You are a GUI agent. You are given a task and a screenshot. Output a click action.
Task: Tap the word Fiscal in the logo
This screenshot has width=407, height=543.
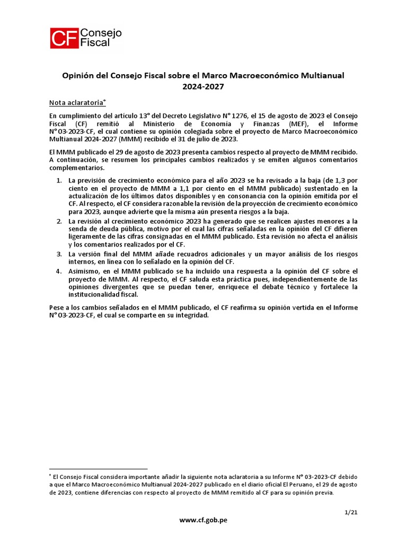[96, 43]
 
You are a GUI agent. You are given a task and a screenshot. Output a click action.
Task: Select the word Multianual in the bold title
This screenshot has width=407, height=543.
[323, 75]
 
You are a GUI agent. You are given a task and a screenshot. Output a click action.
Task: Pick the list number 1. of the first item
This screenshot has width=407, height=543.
[59, 181]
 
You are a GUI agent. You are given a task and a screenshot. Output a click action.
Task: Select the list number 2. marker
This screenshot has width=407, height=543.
[59, 221]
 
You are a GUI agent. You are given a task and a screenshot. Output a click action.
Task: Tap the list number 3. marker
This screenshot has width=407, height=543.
[59, 254]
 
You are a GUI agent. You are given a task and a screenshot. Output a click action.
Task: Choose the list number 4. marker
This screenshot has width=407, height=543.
[59, 270]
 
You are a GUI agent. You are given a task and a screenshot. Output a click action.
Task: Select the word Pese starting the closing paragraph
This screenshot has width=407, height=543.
[57, 307]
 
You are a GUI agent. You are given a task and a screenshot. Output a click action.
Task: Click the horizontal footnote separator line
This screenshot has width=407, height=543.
[98, 469]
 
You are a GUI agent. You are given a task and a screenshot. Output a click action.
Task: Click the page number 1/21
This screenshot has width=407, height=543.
[350, 512]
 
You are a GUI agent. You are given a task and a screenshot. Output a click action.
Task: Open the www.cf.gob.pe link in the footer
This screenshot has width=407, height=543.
[203, 520]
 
